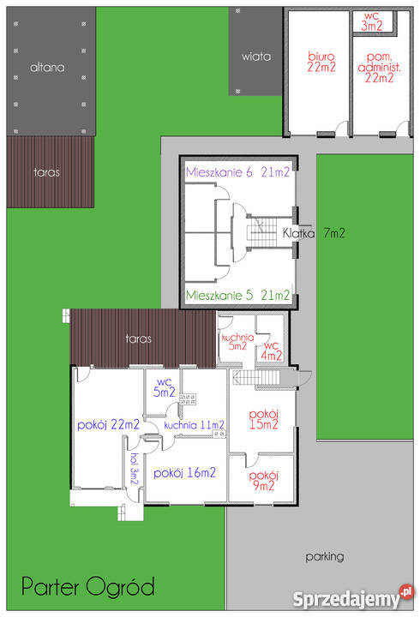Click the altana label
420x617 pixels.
[x=47, y=68]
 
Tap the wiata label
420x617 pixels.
[x=256, y=57]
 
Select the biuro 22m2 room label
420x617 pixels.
[x=321, y=62]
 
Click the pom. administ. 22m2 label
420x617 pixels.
[x=379, y=68]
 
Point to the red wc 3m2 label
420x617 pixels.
[x=372, y=21]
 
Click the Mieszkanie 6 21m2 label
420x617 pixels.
[x=237, y=172]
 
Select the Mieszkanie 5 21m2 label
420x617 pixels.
[x=237, y=295]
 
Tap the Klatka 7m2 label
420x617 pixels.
[x=314, y=233]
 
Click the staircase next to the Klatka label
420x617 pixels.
[x=262, y=232]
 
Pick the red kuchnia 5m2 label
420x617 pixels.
[x=237, y=342]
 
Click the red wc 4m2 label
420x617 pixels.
[x=272, y=351]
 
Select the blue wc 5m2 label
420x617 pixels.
[x=164, y=387]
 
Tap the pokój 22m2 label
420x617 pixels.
[x=108, y=425]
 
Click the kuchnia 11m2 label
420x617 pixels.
[x=194, y=425]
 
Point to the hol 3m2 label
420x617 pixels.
[x=135, y=469]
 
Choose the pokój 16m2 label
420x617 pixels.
[x=184, y=473]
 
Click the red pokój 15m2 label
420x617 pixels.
[x=264, y=419]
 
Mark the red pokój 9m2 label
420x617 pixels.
[x=264, y=481]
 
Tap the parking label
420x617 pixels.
[x=325, y=557]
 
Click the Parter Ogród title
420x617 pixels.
[x=88, y=587]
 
